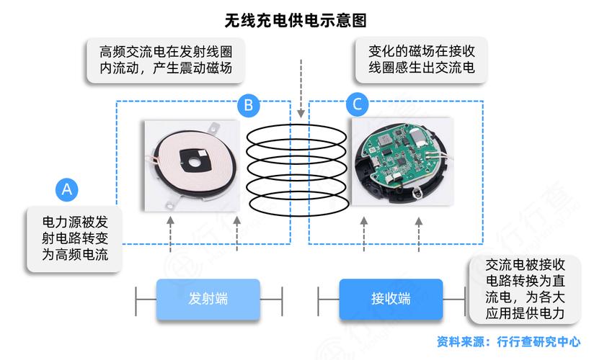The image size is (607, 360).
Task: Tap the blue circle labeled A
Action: coord(66,189)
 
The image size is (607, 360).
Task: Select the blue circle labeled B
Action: coord(248,105)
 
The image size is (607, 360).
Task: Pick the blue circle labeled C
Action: coord(357,105)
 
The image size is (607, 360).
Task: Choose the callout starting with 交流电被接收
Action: coord(524,289)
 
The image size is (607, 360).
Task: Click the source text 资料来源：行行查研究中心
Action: coord(508,342)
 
